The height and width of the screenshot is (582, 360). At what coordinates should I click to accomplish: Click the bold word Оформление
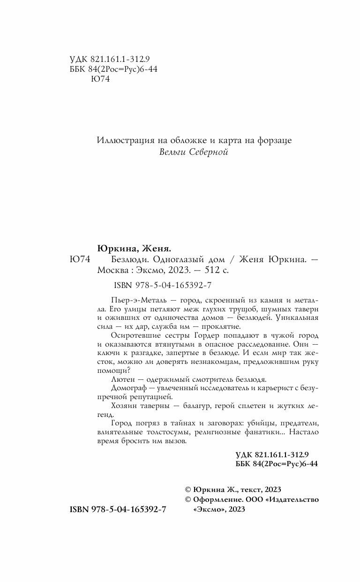[x=218, y=499]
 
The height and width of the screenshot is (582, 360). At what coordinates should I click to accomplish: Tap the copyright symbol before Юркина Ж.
[x=189, y=489]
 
